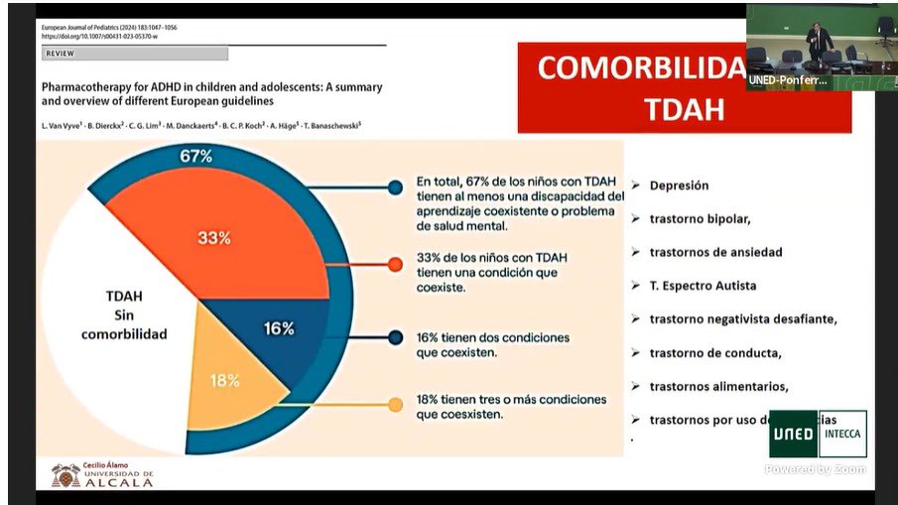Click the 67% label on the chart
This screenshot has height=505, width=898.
coord(196,157)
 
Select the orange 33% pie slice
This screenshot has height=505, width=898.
coord(213,238)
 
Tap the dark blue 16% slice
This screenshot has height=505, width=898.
coord(279,328)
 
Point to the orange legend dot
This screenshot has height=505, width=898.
coord(396,264)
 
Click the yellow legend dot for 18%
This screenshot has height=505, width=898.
coord(396,404)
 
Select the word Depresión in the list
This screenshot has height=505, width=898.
coord(679,186)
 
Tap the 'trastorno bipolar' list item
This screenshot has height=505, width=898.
coord(700,218)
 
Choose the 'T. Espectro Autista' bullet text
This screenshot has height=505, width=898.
coord(703,286)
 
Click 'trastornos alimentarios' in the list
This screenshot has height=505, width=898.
coord(718,387)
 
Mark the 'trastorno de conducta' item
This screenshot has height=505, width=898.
coord(715,353)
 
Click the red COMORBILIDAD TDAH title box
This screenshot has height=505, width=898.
coord(684,88)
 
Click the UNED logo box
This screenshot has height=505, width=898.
coord(793,434)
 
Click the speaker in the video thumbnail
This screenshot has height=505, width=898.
coord(818,40)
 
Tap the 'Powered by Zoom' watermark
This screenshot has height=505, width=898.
coord(815,469)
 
